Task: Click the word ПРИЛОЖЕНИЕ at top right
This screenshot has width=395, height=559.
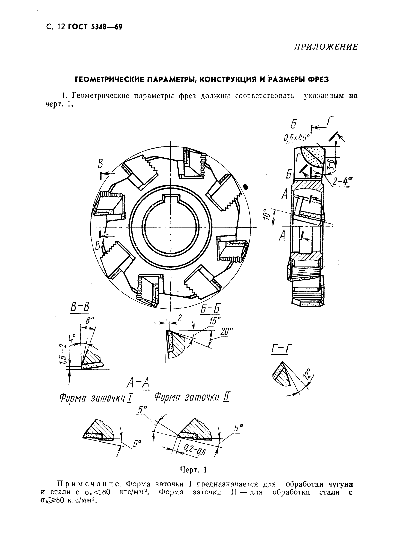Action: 325,47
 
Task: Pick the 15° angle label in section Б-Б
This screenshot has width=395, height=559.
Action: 215,320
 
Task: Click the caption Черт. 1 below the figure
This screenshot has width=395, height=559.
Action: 193,470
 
